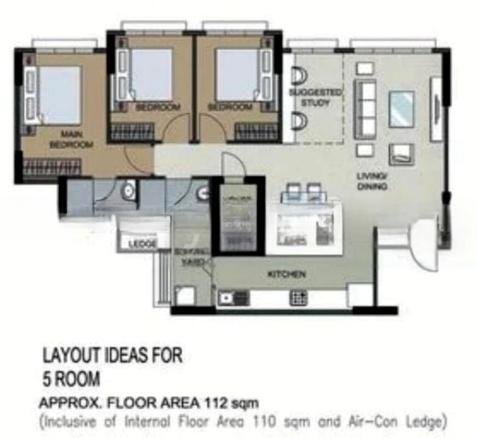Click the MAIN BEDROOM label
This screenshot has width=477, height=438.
pos(71,139)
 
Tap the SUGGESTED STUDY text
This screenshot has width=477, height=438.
pos(315,98)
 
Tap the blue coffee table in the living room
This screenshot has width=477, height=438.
pos(401,109)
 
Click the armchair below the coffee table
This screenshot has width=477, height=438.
pos(401,153)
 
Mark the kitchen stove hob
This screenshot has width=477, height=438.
pos(299,297)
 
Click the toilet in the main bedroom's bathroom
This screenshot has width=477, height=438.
pos(128,192)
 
